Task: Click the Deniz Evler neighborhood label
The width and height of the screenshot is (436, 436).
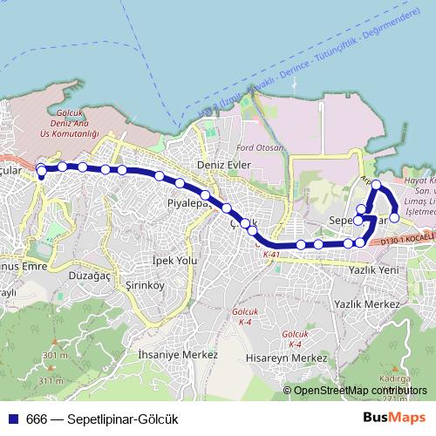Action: (x=224, y=163)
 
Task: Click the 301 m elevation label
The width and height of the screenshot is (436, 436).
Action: (x=52, y=356)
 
